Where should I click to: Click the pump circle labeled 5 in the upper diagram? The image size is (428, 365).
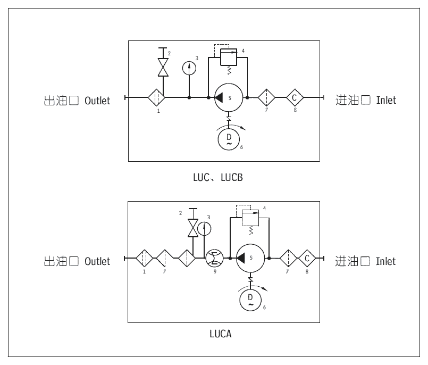[229, 97]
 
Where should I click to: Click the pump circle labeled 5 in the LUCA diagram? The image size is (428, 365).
[250, 258]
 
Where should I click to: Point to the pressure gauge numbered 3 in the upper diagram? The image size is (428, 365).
[189, 69]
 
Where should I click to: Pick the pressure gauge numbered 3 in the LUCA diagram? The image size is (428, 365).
[204, 229]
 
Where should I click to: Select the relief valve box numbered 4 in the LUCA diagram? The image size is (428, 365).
[249, 216]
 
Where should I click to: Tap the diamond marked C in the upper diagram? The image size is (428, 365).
[295, 97]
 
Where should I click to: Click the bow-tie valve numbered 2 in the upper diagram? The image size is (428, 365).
[163, 67]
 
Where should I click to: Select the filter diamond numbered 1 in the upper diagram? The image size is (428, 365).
[156, 97]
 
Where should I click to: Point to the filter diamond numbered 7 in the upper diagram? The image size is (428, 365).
[266, 97]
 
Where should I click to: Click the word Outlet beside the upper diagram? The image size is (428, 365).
[97, 100]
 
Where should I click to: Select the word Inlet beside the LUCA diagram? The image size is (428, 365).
[386, 261]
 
